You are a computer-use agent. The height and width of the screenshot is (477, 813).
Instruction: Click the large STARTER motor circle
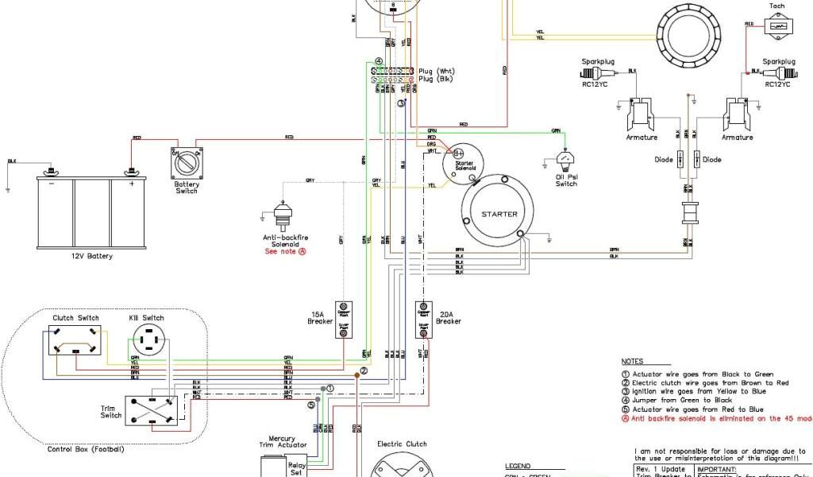click(x=499, y=213)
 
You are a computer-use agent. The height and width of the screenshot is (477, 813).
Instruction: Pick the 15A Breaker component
click(x=343, y=319)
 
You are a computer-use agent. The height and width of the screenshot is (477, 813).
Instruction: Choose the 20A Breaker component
click(x=423, y=319)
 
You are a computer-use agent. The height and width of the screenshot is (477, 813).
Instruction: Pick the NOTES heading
click(x=633, y=361)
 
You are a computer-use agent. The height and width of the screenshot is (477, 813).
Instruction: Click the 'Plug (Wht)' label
click(x=437, y=72)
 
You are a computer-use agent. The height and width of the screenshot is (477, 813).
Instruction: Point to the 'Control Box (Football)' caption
click(x=86, y=449)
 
